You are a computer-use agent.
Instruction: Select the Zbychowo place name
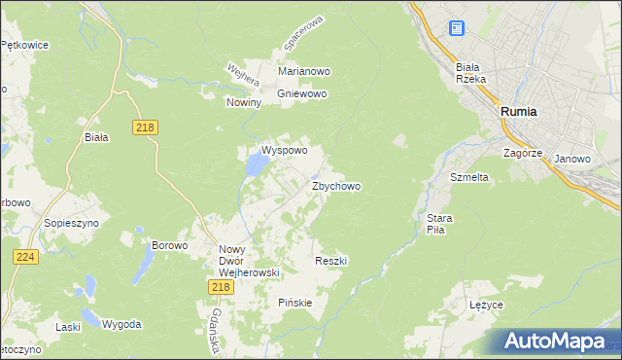pos(337,186)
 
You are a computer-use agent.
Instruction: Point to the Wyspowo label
pos(284,151)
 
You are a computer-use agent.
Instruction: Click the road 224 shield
pos(25,256)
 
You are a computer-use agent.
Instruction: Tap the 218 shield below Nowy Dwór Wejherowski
pos(220,286)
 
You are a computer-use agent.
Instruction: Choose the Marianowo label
pos(304,72)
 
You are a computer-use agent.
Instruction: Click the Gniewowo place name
pos(302,94)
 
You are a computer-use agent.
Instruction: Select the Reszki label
pos(331,261)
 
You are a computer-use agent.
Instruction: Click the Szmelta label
pos(468,178)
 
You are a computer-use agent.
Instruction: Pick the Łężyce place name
pos(485,306)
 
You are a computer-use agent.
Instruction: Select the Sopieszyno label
pos(67,223)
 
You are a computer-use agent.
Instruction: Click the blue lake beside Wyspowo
pos(255,166)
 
